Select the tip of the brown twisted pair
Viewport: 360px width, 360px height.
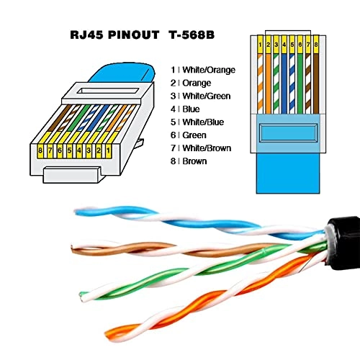tap(75, 250)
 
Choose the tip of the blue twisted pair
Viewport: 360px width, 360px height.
tap(80, 210)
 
